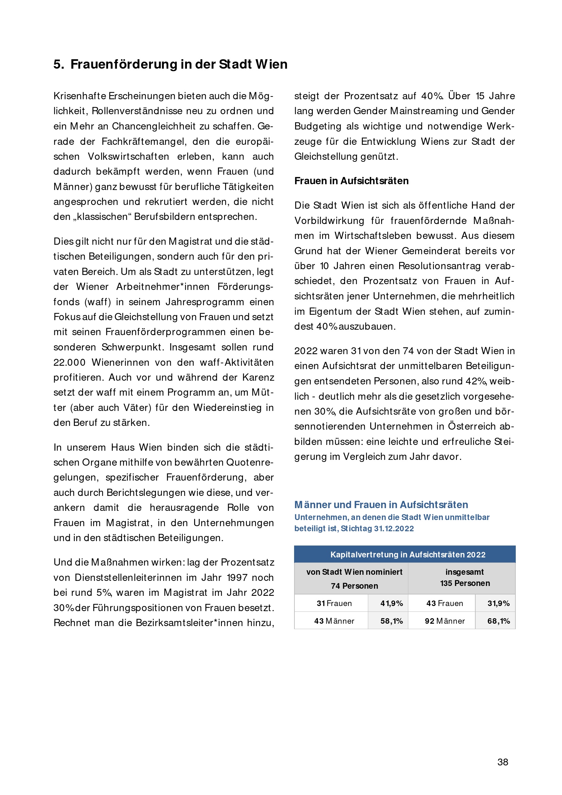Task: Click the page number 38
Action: [503, 762]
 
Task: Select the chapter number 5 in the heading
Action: [58, 64]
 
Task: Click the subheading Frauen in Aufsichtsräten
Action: [351, 181]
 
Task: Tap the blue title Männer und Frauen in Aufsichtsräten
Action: [381, 504]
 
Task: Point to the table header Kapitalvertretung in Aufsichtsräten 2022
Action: [408, 554]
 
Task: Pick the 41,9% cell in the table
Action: [391, 603]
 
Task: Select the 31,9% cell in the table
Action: [498, 603]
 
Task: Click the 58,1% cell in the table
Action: [391, 621]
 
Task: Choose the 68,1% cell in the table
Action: [498, 621]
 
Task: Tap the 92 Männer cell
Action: [445, 621]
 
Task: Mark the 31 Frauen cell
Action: [334, 603]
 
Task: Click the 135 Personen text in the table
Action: [465, 583]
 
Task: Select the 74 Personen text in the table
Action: [354, 586]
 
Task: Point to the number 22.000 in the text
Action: [69, 363]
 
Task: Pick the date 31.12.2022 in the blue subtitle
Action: [394, 529]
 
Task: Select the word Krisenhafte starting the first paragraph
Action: [79, 96]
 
